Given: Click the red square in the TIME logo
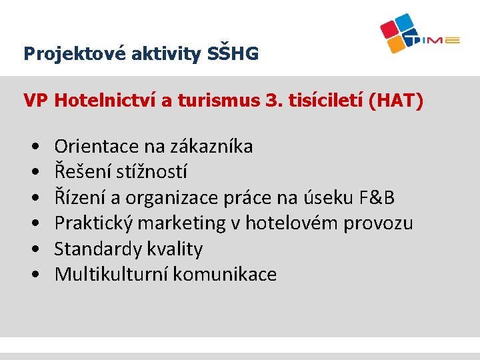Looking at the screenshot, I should click(x=391, y=29).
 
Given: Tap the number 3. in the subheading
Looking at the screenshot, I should click(x=273, y=101).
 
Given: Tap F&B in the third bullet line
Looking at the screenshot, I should click(x=377, y=197).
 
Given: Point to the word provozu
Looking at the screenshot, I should click(x=378, y=223).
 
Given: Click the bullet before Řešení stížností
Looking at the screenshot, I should click(x=33, y=172).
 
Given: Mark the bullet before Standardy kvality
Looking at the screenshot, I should click(x=33, y=249).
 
